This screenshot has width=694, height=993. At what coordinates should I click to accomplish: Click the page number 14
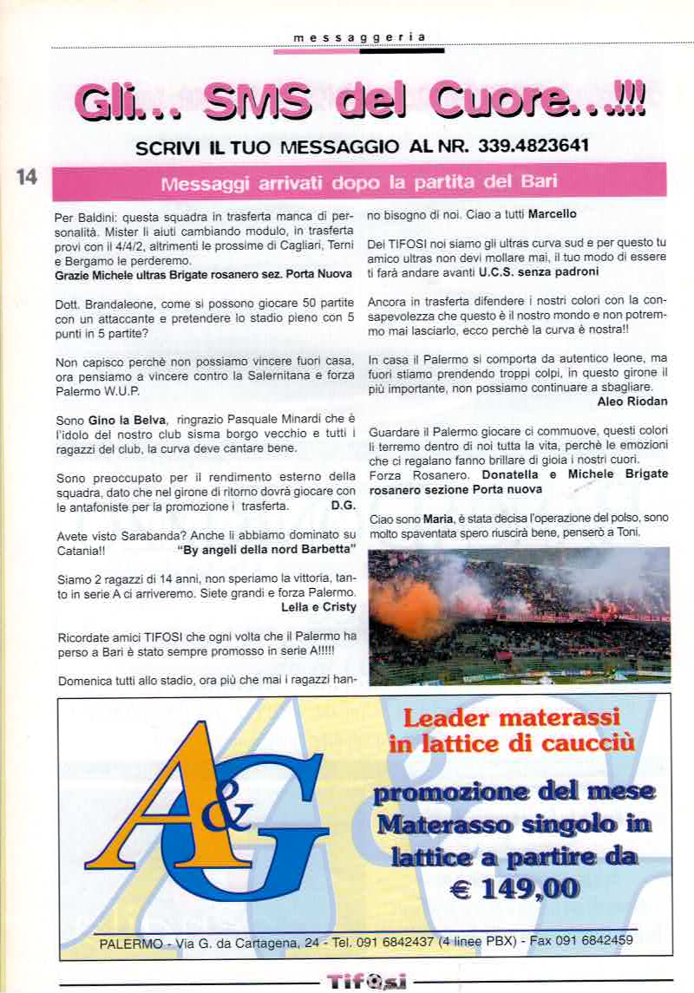click(x=27, y=177)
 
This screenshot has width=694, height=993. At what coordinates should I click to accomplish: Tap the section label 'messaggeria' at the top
click(x=359, y=37)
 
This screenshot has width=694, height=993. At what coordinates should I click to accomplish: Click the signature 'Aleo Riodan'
click(x=632, y=401)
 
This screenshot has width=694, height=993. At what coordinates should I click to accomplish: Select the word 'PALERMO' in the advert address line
click(x=128, y=943)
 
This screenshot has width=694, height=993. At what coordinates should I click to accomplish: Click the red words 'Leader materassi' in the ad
click(x=512, y=719)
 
